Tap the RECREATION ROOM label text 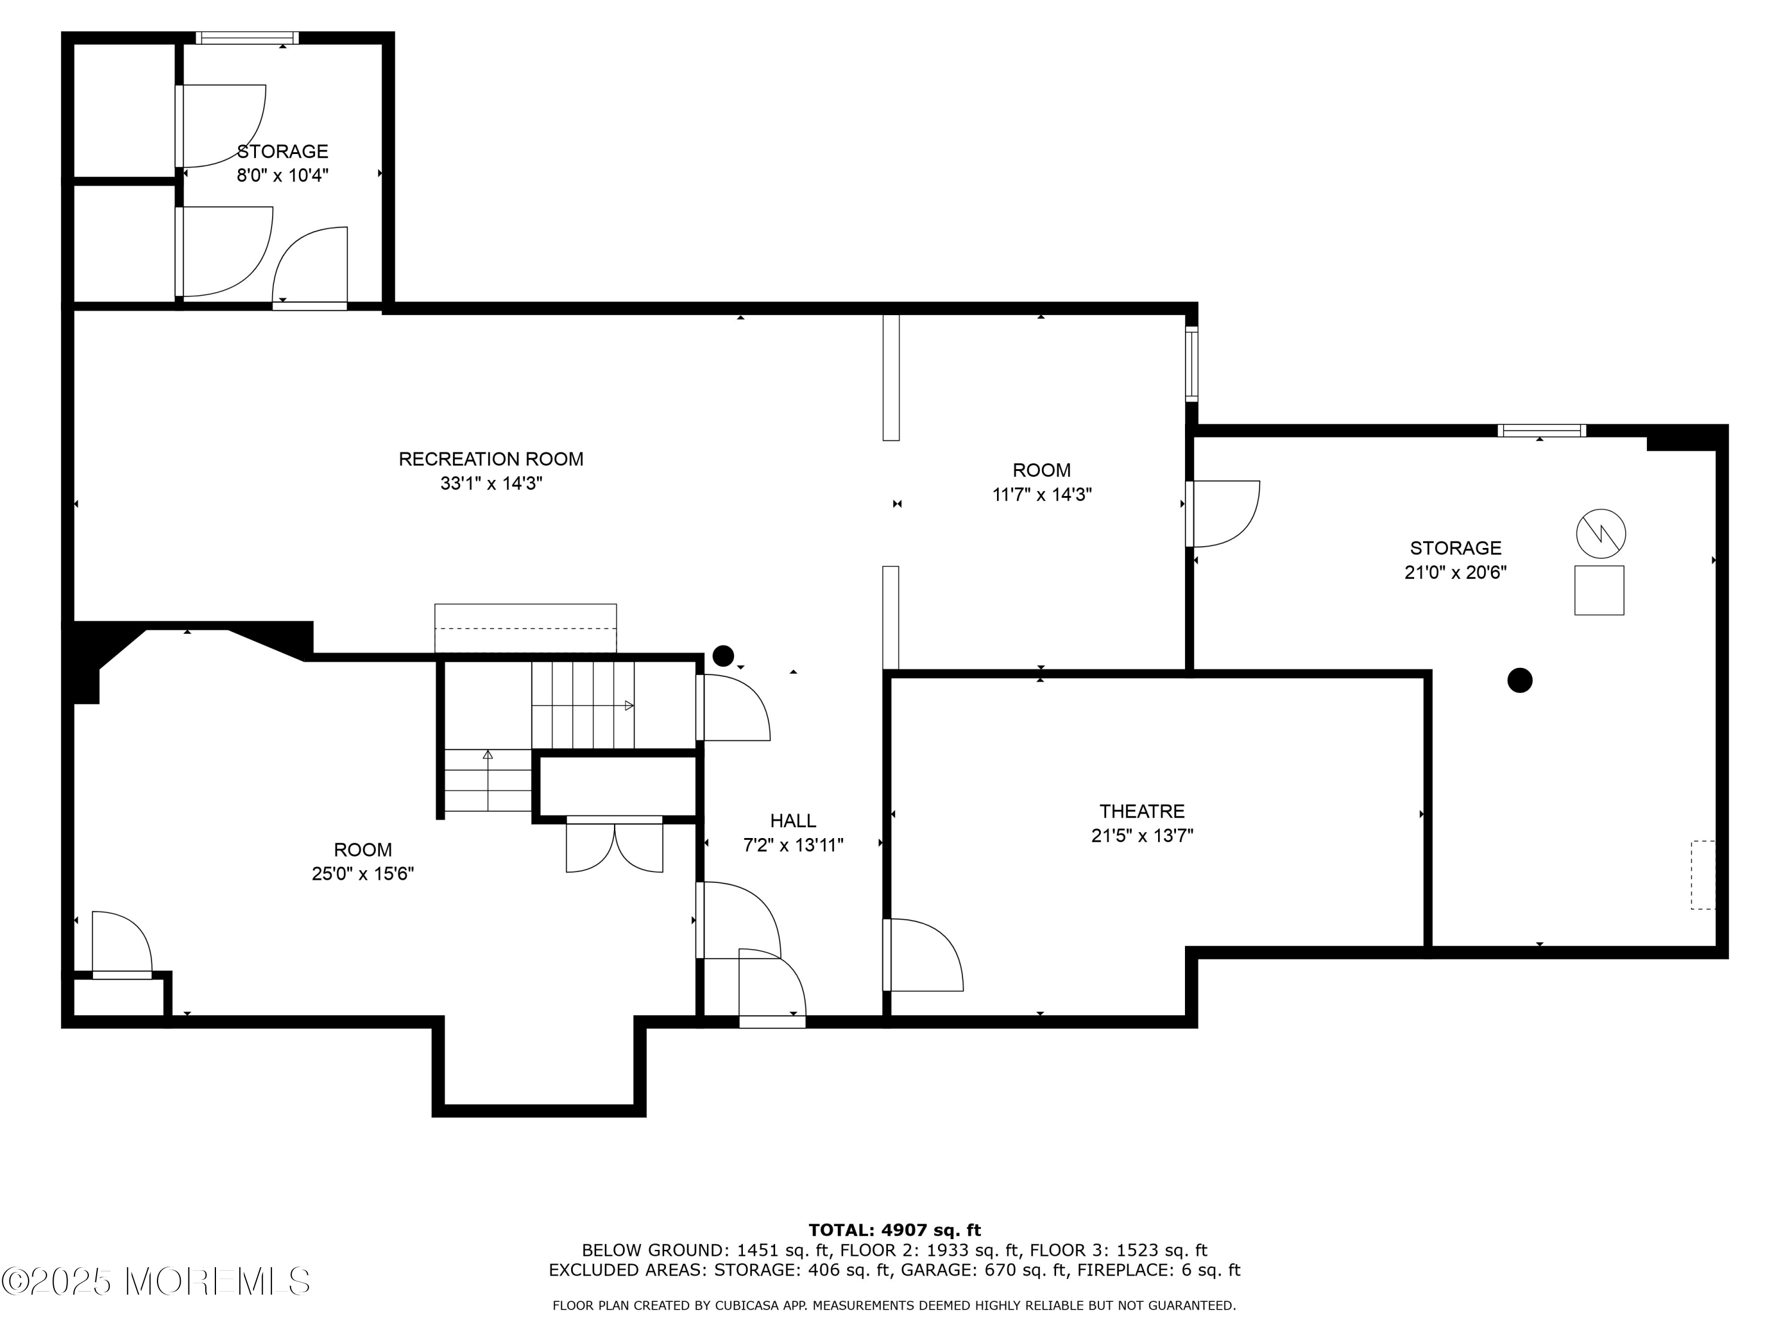[490, 459]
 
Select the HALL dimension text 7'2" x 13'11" [793, 845]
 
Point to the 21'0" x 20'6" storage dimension [1455, 572]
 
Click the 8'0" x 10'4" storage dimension [282, 175]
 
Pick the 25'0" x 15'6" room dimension [363, 874]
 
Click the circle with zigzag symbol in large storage [1601, 534]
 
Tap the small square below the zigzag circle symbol [1598, 590]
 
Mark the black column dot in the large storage [1520, 680]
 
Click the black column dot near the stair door [723, 656]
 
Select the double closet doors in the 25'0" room [614, 846]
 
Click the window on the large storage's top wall [1541, 431]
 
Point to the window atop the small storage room [247, 38]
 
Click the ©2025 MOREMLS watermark [155, 1282]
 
